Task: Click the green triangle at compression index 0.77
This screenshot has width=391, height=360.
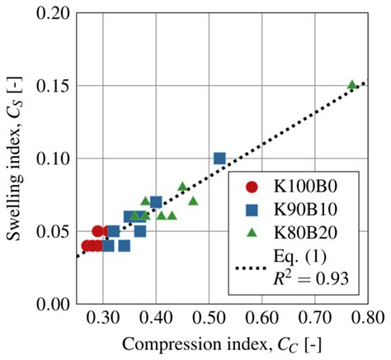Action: [351, 85]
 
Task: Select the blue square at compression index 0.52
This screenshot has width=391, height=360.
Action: [219, 158]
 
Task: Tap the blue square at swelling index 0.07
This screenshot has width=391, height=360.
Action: [156, 202]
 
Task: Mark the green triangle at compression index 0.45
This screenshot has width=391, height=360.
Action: [182, 187]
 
